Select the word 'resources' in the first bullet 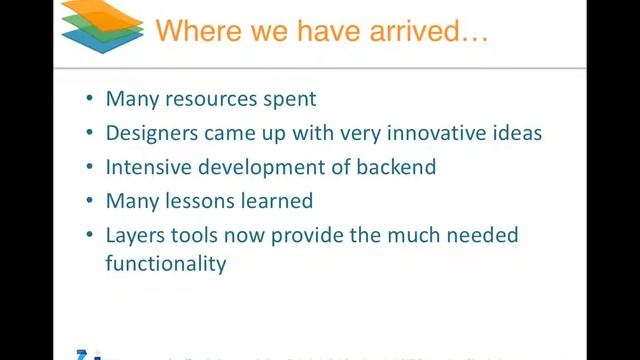205,99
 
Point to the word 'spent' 289,99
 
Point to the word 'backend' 397,167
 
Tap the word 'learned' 276,201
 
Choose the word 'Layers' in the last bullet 135,236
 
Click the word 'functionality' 166,264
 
